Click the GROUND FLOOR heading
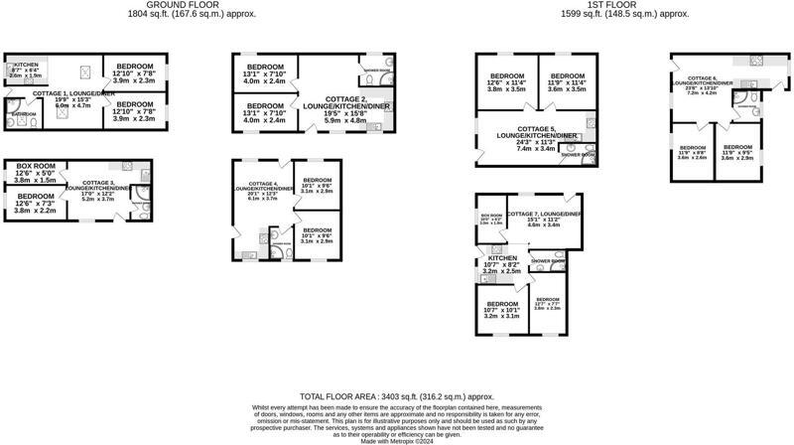tap(192, 4)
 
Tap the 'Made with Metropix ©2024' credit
tap(397, 440)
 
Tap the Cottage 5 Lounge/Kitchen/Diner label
tap(538, 137)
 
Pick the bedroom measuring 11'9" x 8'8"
tap(692, 151)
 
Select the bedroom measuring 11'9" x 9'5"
tap(738, 151)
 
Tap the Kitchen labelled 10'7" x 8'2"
tap(501, 263)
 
